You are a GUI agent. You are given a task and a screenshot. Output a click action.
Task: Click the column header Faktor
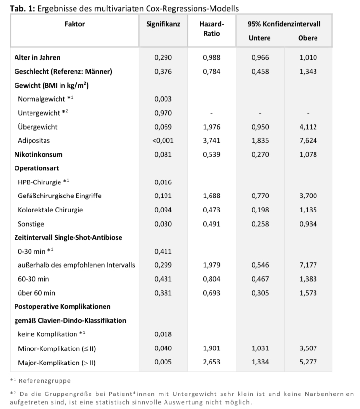click(x=75, y=24)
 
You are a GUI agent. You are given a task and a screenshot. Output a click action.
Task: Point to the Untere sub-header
click(x=259, y=38)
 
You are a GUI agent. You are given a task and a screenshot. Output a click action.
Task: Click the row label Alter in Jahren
click(x=37, y=58)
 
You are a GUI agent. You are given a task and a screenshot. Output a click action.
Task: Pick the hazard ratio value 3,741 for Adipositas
click(x=211, y=141)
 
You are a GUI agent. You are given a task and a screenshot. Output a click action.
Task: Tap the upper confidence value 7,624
click(x=308, y=141)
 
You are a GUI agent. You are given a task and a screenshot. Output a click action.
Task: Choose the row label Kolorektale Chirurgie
click(x=50, y=210)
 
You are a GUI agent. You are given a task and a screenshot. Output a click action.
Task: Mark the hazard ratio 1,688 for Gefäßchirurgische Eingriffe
click(x=211, y=196)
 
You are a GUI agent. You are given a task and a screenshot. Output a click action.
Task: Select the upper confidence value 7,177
click(x=308, y=265)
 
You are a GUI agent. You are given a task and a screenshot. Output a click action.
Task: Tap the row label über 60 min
click(x=37, y=293)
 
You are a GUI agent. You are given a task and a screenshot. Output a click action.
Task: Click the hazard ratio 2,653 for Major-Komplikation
click(x=211, y=362)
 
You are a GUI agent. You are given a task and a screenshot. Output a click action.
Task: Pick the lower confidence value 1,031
click(x=260, y=348)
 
